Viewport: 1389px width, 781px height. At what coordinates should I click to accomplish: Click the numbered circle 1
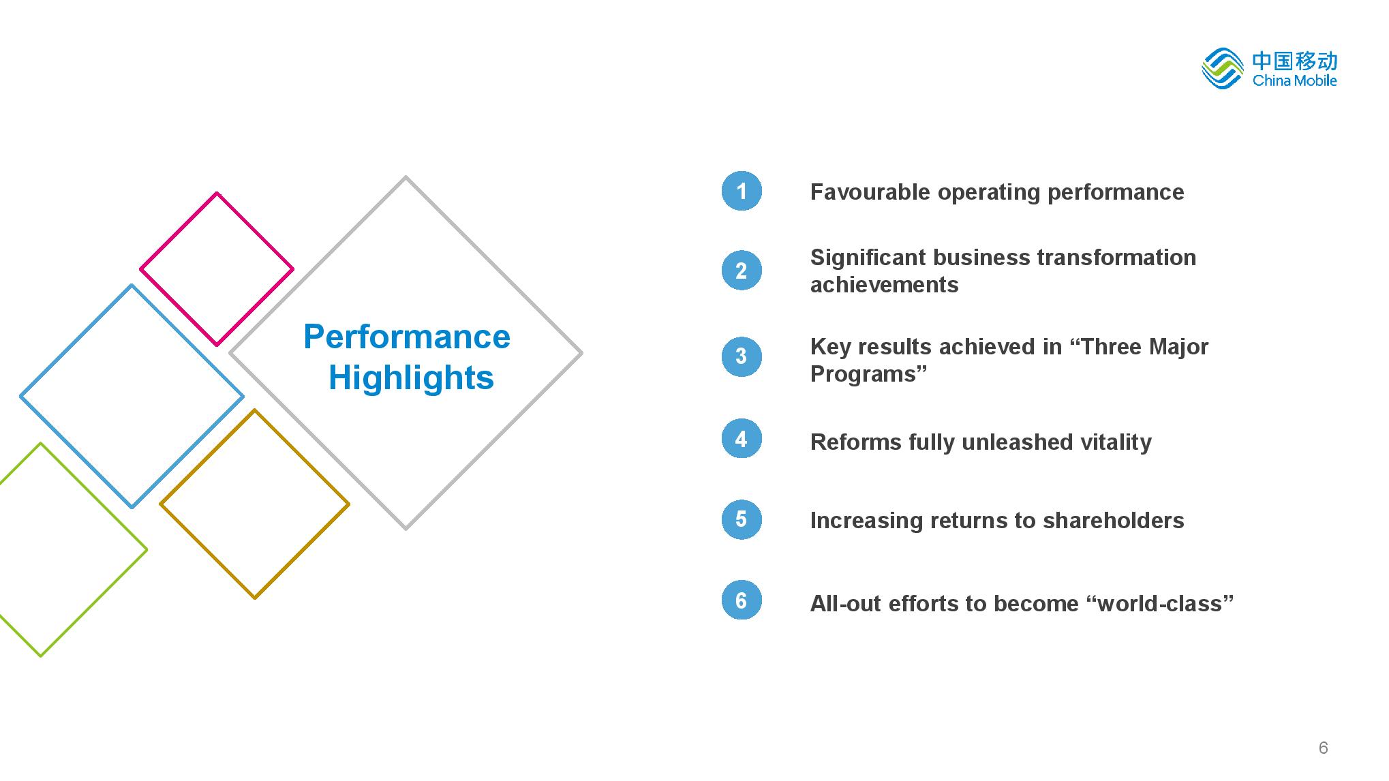(742, 191)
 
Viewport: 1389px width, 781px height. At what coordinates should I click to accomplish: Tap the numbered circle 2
(742, 271)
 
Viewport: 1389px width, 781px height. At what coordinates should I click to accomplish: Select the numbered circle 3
(742, 356)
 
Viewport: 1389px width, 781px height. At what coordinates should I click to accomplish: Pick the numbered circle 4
(742, 438)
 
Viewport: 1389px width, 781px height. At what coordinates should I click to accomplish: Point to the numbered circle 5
(742, 519)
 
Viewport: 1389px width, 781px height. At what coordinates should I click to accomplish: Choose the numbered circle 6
(742, 600)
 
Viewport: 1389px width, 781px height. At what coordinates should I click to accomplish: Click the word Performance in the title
(407, 337)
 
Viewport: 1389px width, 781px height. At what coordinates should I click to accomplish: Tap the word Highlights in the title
(411, 378)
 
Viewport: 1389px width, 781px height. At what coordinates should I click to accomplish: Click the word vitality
(1115, 442)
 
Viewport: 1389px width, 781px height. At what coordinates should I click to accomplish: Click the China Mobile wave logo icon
(1223, 68)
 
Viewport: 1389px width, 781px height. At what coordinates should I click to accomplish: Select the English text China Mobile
(1295, 80)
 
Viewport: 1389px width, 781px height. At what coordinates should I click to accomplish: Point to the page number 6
(1323, 748)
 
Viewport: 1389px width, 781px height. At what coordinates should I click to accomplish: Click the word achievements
(884, 285)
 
